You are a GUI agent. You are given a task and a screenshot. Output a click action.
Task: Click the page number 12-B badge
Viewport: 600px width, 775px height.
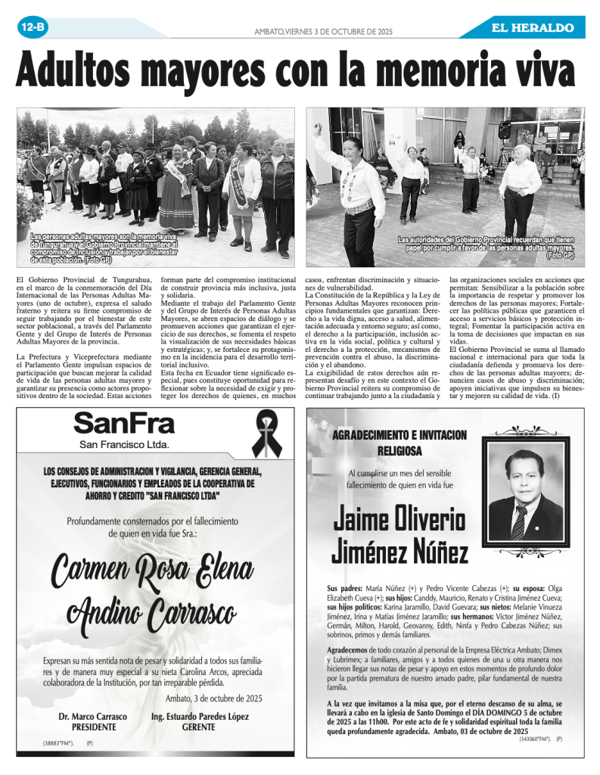[x=33, y=28]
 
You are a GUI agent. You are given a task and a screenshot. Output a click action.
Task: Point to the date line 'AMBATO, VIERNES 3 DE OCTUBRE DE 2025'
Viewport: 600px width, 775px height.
[x=322, y=31]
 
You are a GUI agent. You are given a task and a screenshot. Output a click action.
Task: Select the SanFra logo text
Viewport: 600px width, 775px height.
[x=124, y=423]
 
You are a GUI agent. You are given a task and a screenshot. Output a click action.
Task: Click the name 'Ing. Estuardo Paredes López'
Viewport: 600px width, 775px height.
[x=200, y=715]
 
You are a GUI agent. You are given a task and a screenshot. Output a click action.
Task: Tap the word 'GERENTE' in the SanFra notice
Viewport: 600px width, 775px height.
[x=199, y=727]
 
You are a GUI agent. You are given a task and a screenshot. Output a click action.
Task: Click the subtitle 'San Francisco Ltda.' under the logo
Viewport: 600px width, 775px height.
[x=124, y=444]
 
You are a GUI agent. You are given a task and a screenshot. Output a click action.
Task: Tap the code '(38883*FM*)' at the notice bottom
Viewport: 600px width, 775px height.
[x=58, y=744]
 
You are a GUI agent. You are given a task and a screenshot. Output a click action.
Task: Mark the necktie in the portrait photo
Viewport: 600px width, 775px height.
[x=518, y=522]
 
